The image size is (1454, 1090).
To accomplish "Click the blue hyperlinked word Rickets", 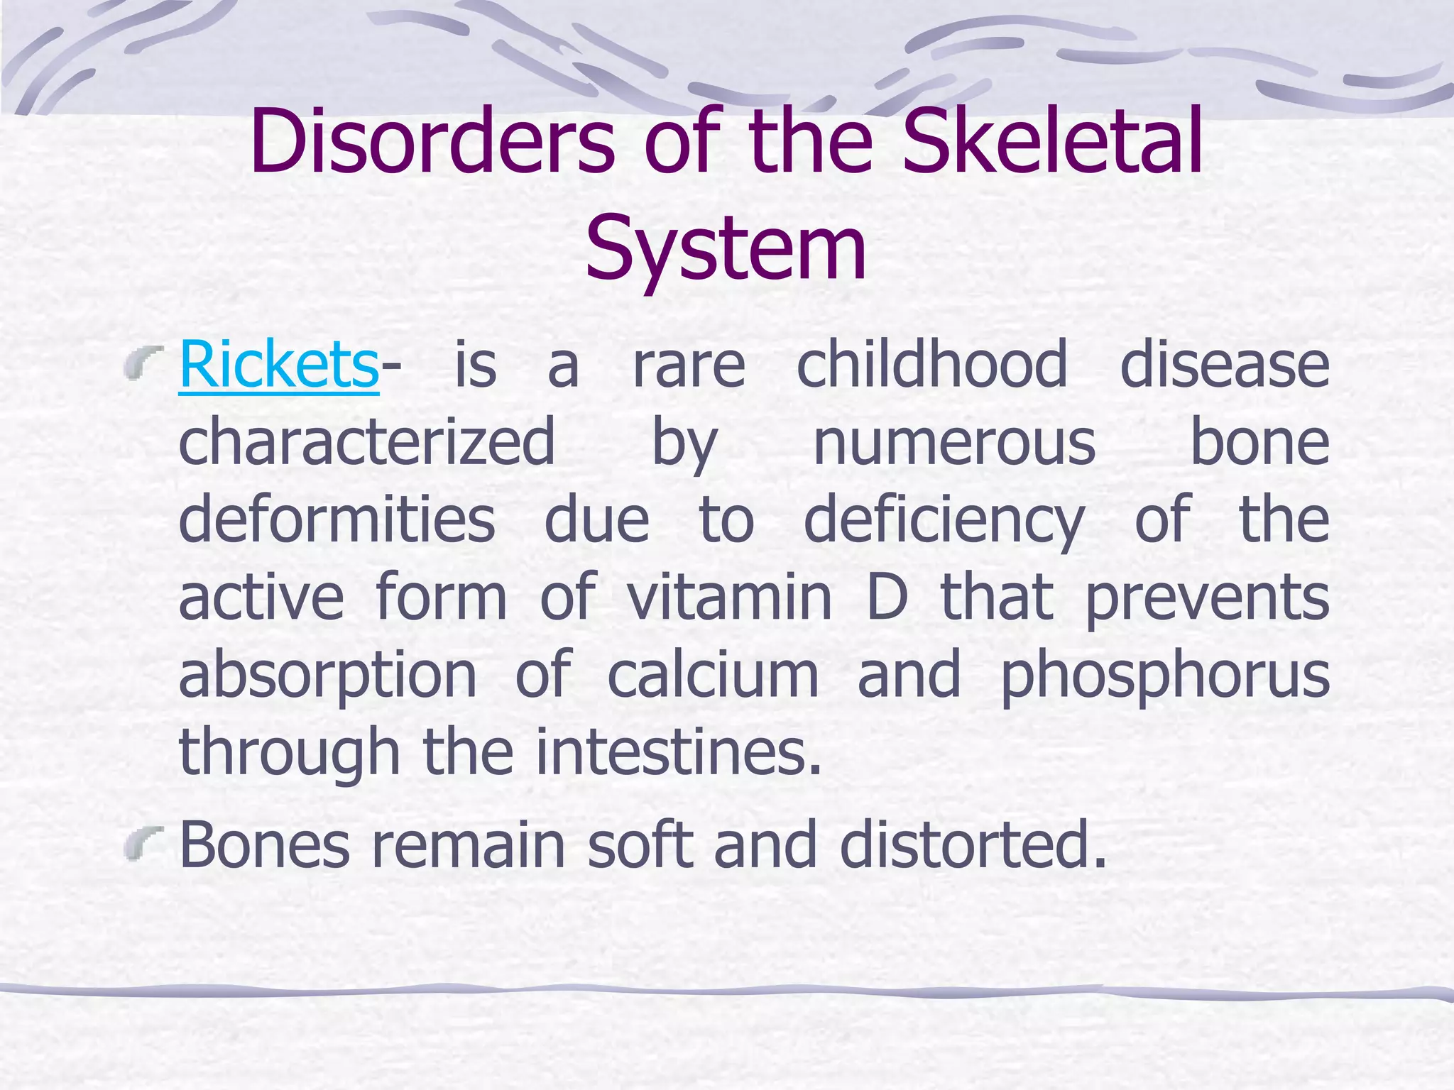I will [278, 364].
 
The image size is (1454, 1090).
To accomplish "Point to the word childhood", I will [931, 364].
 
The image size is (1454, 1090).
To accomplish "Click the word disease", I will [1224, 364].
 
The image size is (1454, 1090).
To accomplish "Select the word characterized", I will [366, 442].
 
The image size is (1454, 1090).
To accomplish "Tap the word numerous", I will [954, 442].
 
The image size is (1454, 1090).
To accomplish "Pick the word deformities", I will [337, 519].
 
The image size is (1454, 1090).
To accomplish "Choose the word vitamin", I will [729, 597].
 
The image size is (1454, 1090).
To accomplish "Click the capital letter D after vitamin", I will [887, 597].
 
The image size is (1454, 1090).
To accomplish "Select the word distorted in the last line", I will [973, 844].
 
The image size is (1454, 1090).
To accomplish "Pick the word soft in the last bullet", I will [640, 844].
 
